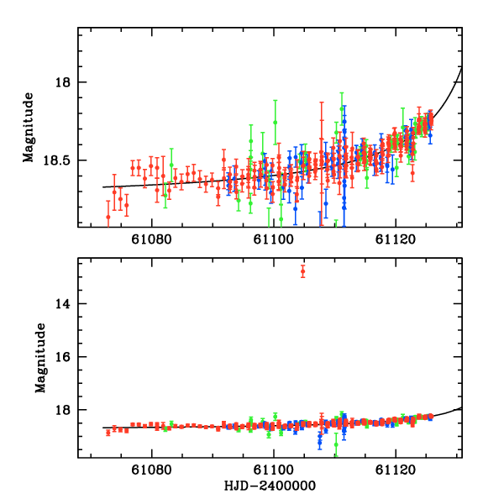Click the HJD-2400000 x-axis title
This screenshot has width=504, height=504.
(269, 486)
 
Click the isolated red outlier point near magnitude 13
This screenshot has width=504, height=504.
(302, 270)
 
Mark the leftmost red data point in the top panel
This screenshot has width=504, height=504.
(108, 216)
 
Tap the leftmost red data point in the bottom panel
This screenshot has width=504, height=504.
(108, 432)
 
